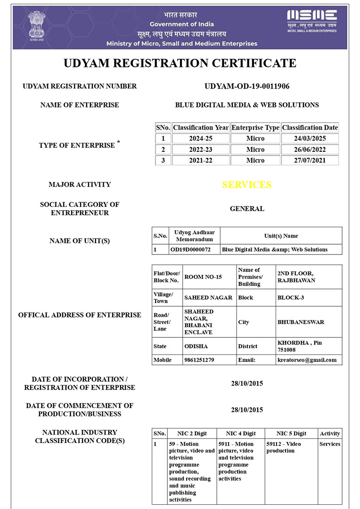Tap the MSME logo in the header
pyautogui.click(x=312, y=21)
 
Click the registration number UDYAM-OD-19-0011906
pyautogui.click(x=247, y=86)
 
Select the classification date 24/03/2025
pyautogui.click(x=310, y=139)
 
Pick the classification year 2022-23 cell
pyautogui.click(x=201, y=149)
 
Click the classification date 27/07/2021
pyautogui.click(x=310, y=160)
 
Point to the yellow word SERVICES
pyautogui.click(x=247, y=185)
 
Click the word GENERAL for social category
pyautogui.click(x=247, y=208)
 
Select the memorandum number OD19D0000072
pyautogui.click(x=190, y=249)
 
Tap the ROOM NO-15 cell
pyautogui.click(x=203, y=277)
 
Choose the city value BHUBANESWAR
pyautogui.click(x=301, y=322)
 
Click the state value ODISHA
pyautogui.click(x=196, y=346)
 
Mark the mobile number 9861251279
pyautogui.click(x=199, y=360)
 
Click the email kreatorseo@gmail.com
pyautogui.click(x=307, y=360)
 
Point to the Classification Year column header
pyautogui.click(x=201, y=127)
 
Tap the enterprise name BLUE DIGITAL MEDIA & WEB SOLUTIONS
pyautogui.click(x=247, y=105)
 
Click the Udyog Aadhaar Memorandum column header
pyautogui.click(x=194, y=236)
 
